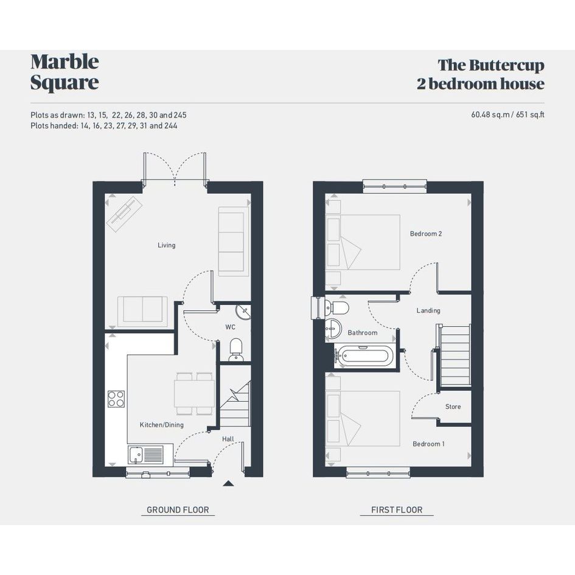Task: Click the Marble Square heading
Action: [65, 72]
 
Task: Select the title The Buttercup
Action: [491, 65]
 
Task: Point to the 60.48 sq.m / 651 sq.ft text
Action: [507, 114]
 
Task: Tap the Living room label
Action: [167, 245]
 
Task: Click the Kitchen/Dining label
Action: [162, 425]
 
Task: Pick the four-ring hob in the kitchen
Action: [116, 399]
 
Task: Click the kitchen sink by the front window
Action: [145, 455]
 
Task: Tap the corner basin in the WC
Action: [243, 312]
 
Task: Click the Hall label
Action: [228, 439]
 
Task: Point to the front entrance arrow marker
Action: [228, 483]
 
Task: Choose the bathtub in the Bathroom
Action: [364, 355]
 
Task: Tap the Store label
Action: [453, 406]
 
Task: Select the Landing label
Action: [428, 310]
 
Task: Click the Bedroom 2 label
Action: [426, 234]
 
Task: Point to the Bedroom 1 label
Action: [428, 444]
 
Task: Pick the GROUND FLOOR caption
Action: [178, 510]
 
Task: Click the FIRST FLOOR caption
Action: [397, 510]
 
